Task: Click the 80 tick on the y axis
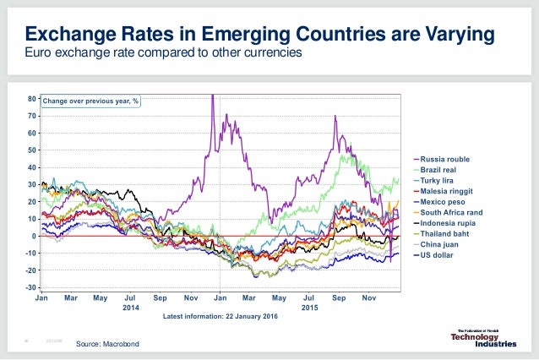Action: coord(31,99)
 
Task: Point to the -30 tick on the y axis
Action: coord(30,287)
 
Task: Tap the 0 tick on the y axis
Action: coord(33,236)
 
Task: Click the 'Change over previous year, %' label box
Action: coord(92,101)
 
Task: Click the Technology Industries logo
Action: coord(484,336)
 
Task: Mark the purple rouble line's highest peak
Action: coord(212,95)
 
